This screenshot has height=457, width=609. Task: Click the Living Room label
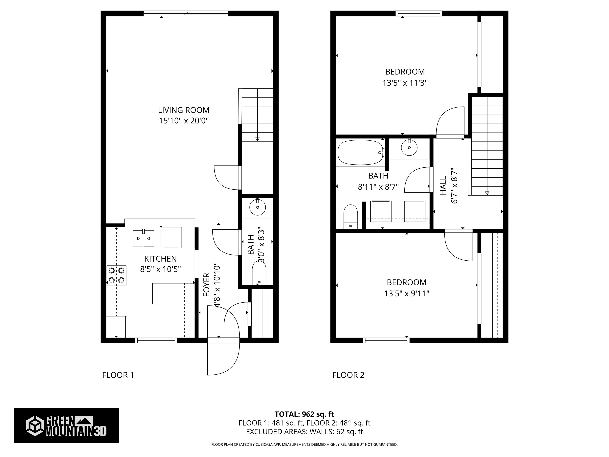click(184, 110)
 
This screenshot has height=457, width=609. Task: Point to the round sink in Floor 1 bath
click(258, 207)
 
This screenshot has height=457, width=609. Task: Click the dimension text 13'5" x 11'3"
click(405, 83)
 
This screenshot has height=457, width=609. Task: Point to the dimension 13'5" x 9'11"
click(407, 294)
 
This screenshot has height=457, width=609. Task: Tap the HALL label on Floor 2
click(443, 186)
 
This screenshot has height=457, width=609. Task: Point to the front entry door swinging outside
click(223, 358)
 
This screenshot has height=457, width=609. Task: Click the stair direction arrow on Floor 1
click(258, 139)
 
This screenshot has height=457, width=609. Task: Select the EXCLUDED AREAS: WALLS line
click(304, 432)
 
